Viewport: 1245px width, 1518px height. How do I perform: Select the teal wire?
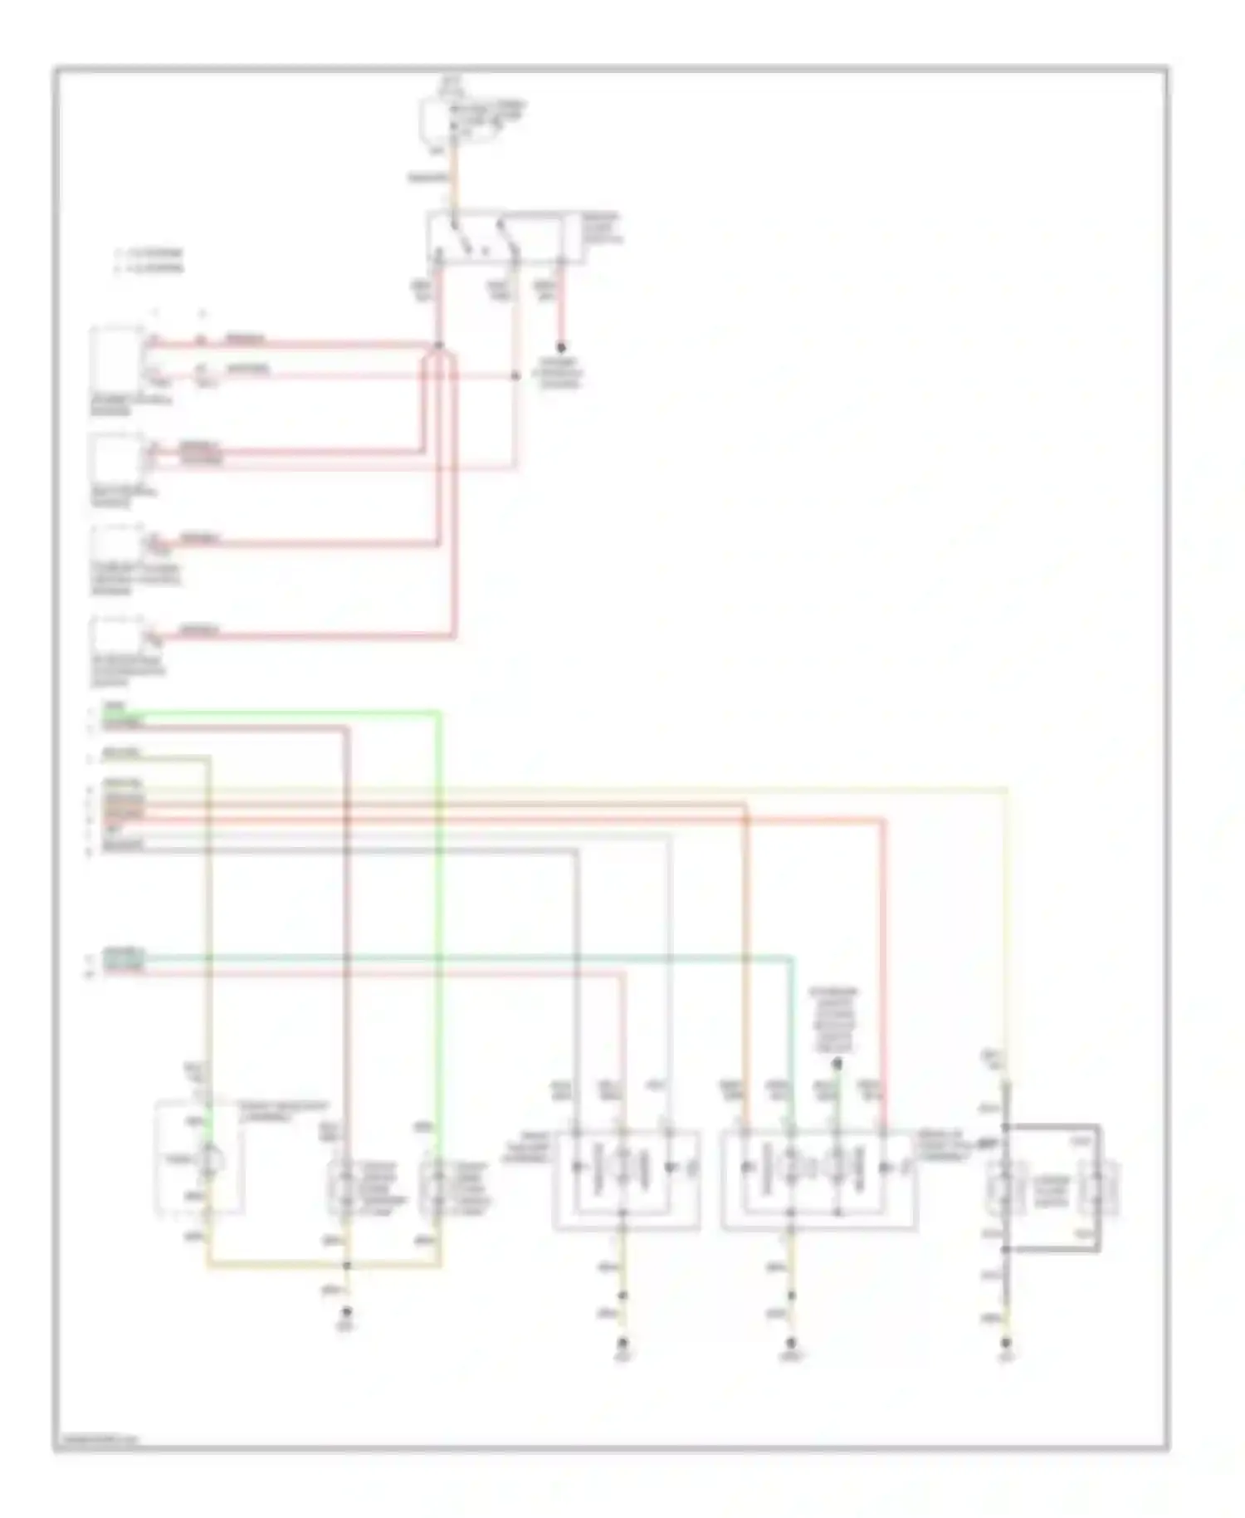click(x=498, y=957)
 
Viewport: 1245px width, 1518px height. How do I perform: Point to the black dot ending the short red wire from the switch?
click(x=561, y=347)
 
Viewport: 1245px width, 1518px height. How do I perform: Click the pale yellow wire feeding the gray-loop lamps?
click(x=1007, y=913)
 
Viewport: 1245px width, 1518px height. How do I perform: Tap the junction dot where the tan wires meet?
click(x=347, y=1266)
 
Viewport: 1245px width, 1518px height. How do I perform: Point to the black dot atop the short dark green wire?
click(x=837, y=1063)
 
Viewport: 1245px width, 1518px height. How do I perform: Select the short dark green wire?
click(x=837, y=1096)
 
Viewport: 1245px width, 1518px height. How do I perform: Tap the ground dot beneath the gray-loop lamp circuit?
click(x=1006, y=1342)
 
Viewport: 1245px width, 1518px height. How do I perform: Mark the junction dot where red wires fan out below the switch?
click(x=439, y=345)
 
